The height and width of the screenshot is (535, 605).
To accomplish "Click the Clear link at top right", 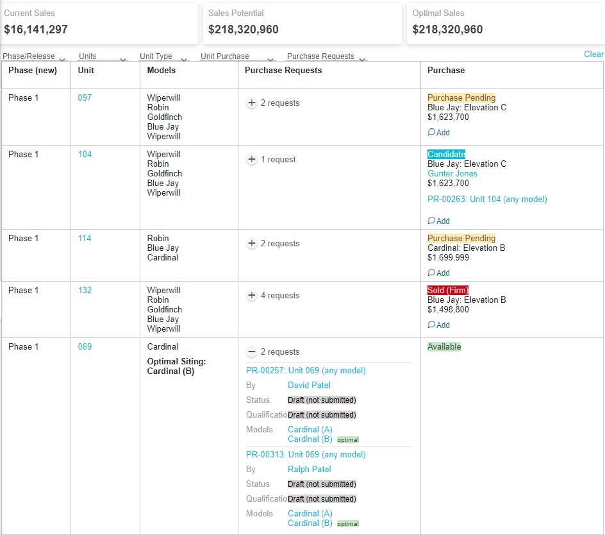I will click(593, 55).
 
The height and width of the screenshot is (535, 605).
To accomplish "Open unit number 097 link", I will click(85, 98).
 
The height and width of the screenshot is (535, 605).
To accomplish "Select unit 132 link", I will click(85, 291).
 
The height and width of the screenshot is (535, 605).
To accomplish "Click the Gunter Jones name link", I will click(452, 174).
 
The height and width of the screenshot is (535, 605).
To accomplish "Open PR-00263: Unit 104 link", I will click(487, 200).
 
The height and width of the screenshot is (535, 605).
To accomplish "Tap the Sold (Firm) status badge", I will click(447, 291).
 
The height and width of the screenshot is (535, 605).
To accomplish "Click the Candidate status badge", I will click(446, 155).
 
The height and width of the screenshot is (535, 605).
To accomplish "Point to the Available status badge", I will click(444, 347).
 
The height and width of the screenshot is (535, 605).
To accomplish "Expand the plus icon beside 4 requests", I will click(252, 296).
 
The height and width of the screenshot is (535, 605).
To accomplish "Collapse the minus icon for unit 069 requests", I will click(252, 352).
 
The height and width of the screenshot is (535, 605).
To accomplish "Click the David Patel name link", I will click(309, 386).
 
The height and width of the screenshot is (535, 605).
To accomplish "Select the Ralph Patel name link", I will click(309, 470).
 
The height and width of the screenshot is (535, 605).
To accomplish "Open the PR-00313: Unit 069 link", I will click(306, 455).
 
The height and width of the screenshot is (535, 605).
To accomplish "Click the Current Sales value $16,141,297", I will click(36, 30).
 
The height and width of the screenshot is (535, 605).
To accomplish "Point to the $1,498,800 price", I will click(448, 310).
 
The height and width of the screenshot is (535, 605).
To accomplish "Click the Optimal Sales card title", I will click(438, 13).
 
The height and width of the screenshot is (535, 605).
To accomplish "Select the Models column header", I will click(161, 71).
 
